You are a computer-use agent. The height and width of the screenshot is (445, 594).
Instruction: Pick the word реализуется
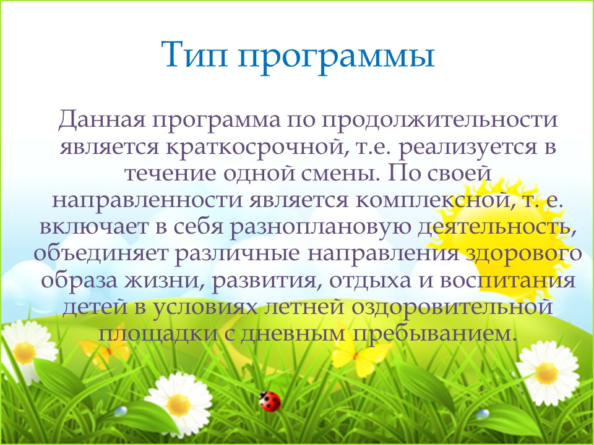click(468, 148)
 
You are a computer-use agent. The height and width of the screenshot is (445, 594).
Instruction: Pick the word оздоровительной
click(452, 307)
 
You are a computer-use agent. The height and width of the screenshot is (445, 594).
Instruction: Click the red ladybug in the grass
click(270, 402)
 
